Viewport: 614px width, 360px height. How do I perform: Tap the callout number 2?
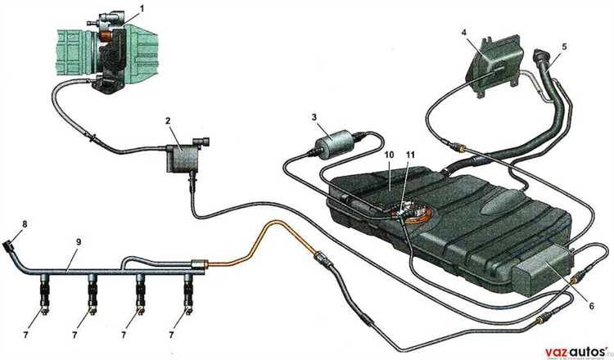pyautogui.click(x=168, y=121)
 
